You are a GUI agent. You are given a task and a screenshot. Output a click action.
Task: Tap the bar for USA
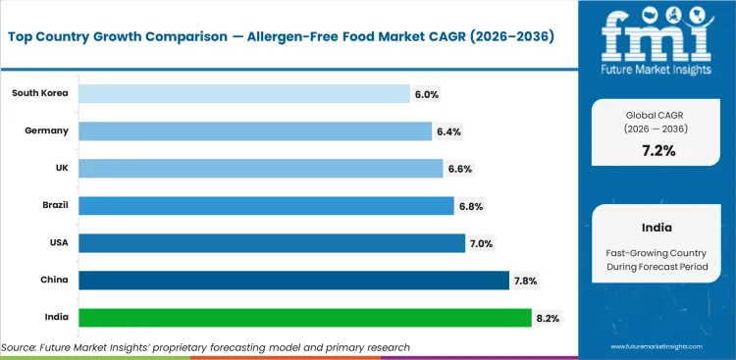(x=271, y=243)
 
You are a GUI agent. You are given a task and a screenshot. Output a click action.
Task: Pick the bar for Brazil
(x=265, y=206)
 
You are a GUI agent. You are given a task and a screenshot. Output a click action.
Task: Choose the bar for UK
(x=260, y=169)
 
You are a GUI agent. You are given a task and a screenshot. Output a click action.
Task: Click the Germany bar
(x=254, y=131)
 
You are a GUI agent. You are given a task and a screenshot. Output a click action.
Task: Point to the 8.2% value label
(x=548, y=318)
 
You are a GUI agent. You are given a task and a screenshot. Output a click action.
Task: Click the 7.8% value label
(x=525, y=281)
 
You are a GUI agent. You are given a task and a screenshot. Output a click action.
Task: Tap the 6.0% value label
(x=427, y=94)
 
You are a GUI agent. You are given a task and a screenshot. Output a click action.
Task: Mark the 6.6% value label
(x=460, y=169)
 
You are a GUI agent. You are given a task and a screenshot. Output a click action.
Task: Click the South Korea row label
(x=39, y=93)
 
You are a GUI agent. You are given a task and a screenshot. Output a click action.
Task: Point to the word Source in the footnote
(x=22, y=347)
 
